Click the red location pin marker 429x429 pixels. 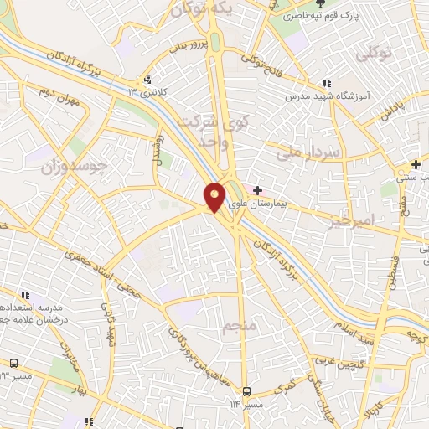click(x=215, y=197)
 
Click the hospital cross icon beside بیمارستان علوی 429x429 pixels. click(x=257, y=190)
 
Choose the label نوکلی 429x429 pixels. click(x=375, y=54)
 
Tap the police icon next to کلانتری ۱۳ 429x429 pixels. click(x=149, y=80)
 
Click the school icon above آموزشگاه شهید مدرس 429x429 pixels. click(x=327, y=83)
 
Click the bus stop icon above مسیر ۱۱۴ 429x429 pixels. click(x=246, y=391)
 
